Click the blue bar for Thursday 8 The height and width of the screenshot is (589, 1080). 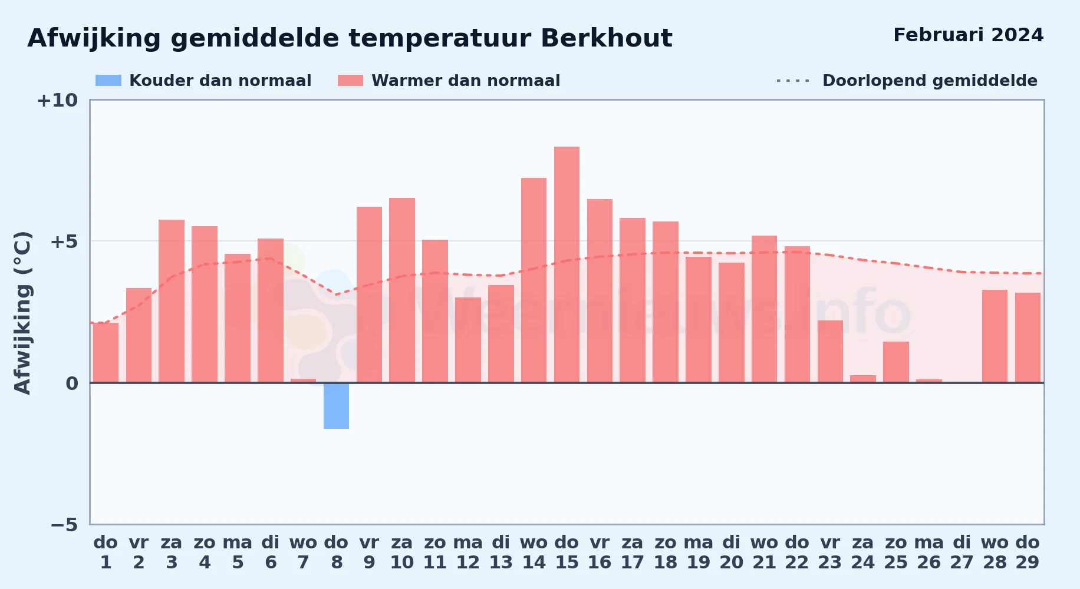pos(336,406)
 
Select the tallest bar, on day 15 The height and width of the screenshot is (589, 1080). pos(567,264)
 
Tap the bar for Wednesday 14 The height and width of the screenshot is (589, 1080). pos(534,280)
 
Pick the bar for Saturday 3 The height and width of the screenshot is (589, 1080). pos(172,301)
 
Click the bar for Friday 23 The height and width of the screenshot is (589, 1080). pos(830,352)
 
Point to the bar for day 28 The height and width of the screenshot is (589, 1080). pos(995,336)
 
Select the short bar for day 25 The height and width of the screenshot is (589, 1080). pos(896,362)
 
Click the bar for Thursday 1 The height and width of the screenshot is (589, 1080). pos(106,353)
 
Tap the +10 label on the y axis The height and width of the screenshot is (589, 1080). pos(57,100)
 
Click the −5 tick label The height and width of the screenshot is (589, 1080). pos(64,524)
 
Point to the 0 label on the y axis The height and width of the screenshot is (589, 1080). pos(72,383)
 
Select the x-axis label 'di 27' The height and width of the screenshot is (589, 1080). pos(962,552)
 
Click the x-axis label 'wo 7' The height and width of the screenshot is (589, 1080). pos(303,552)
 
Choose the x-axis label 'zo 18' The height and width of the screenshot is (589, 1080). pos(666,552)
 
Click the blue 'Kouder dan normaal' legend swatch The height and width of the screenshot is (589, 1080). pos(108,81)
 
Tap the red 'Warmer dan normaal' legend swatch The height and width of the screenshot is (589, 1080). pos(350,81)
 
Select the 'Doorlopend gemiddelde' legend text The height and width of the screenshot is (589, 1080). pos(930,81)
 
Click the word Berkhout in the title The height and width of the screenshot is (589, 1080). pos(606,38)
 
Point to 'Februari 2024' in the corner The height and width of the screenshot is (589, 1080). pos(968,35)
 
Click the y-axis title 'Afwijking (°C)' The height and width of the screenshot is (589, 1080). pos(22,313)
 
